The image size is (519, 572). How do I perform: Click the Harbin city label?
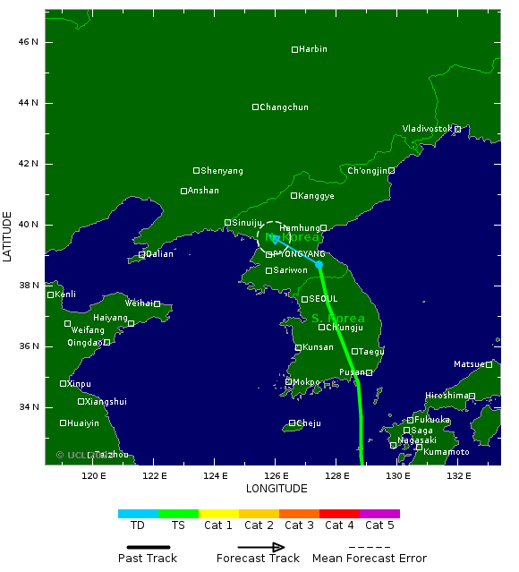tap(313, 49)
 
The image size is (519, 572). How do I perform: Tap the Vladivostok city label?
tap(427, 129)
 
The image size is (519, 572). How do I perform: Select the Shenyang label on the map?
tap(222, 171)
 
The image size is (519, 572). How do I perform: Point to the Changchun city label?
tap(284, 107)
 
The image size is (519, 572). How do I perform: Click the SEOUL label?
tap(323, 299)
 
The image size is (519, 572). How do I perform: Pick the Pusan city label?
tap(351, 372)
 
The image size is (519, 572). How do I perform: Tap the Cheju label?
tap(308, 423)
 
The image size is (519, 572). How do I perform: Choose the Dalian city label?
tap(159, 254)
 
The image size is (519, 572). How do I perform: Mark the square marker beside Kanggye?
tap(294, 195)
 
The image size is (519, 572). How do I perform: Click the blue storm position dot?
tap(319, 264)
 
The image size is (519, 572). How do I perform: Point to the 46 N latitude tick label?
tap(30, 42)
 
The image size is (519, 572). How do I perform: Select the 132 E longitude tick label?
tap(458, 475)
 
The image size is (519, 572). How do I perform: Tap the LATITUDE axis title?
tap(8, 236)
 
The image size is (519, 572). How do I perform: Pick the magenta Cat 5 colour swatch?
tap(379, 514)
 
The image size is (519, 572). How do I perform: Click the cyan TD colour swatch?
tap(138, 514)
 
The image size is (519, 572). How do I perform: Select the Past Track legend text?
tap(148, 559)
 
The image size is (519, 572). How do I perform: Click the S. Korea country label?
tap(338, 319)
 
